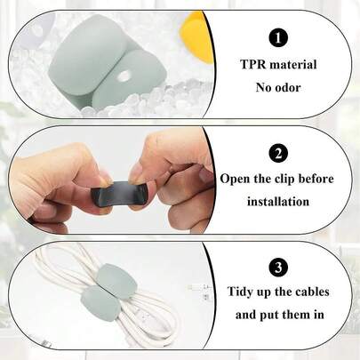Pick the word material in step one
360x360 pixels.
pos(296,66)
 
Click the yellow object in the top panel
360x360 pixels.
pos(198,36)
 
